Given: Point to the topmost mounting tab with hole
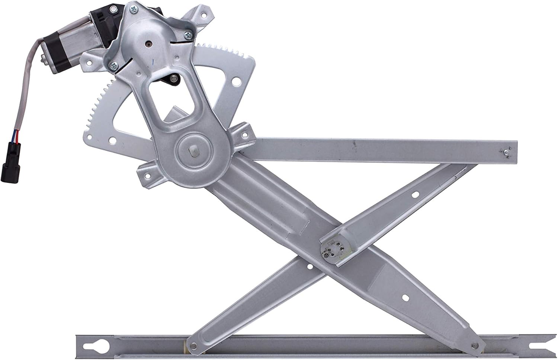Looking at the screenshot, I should pos(203,15).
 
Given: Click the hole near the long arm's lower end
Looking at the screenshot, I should pos(407,298).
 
